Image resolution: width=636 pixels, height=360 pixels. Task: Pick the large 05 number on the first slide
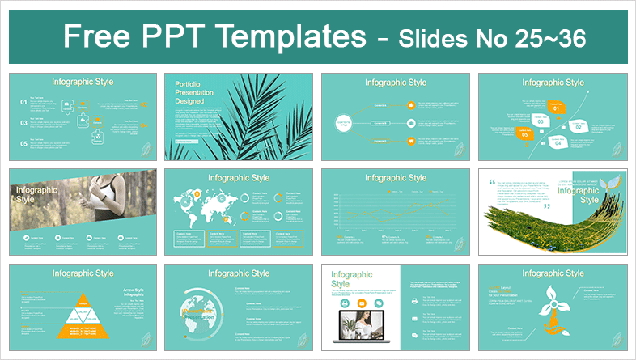pyautogui.click(x=22, y=144)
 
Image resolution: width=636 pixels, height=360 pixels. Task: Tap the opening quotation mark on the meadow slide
pyautogui.click(x=490, y=183)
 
